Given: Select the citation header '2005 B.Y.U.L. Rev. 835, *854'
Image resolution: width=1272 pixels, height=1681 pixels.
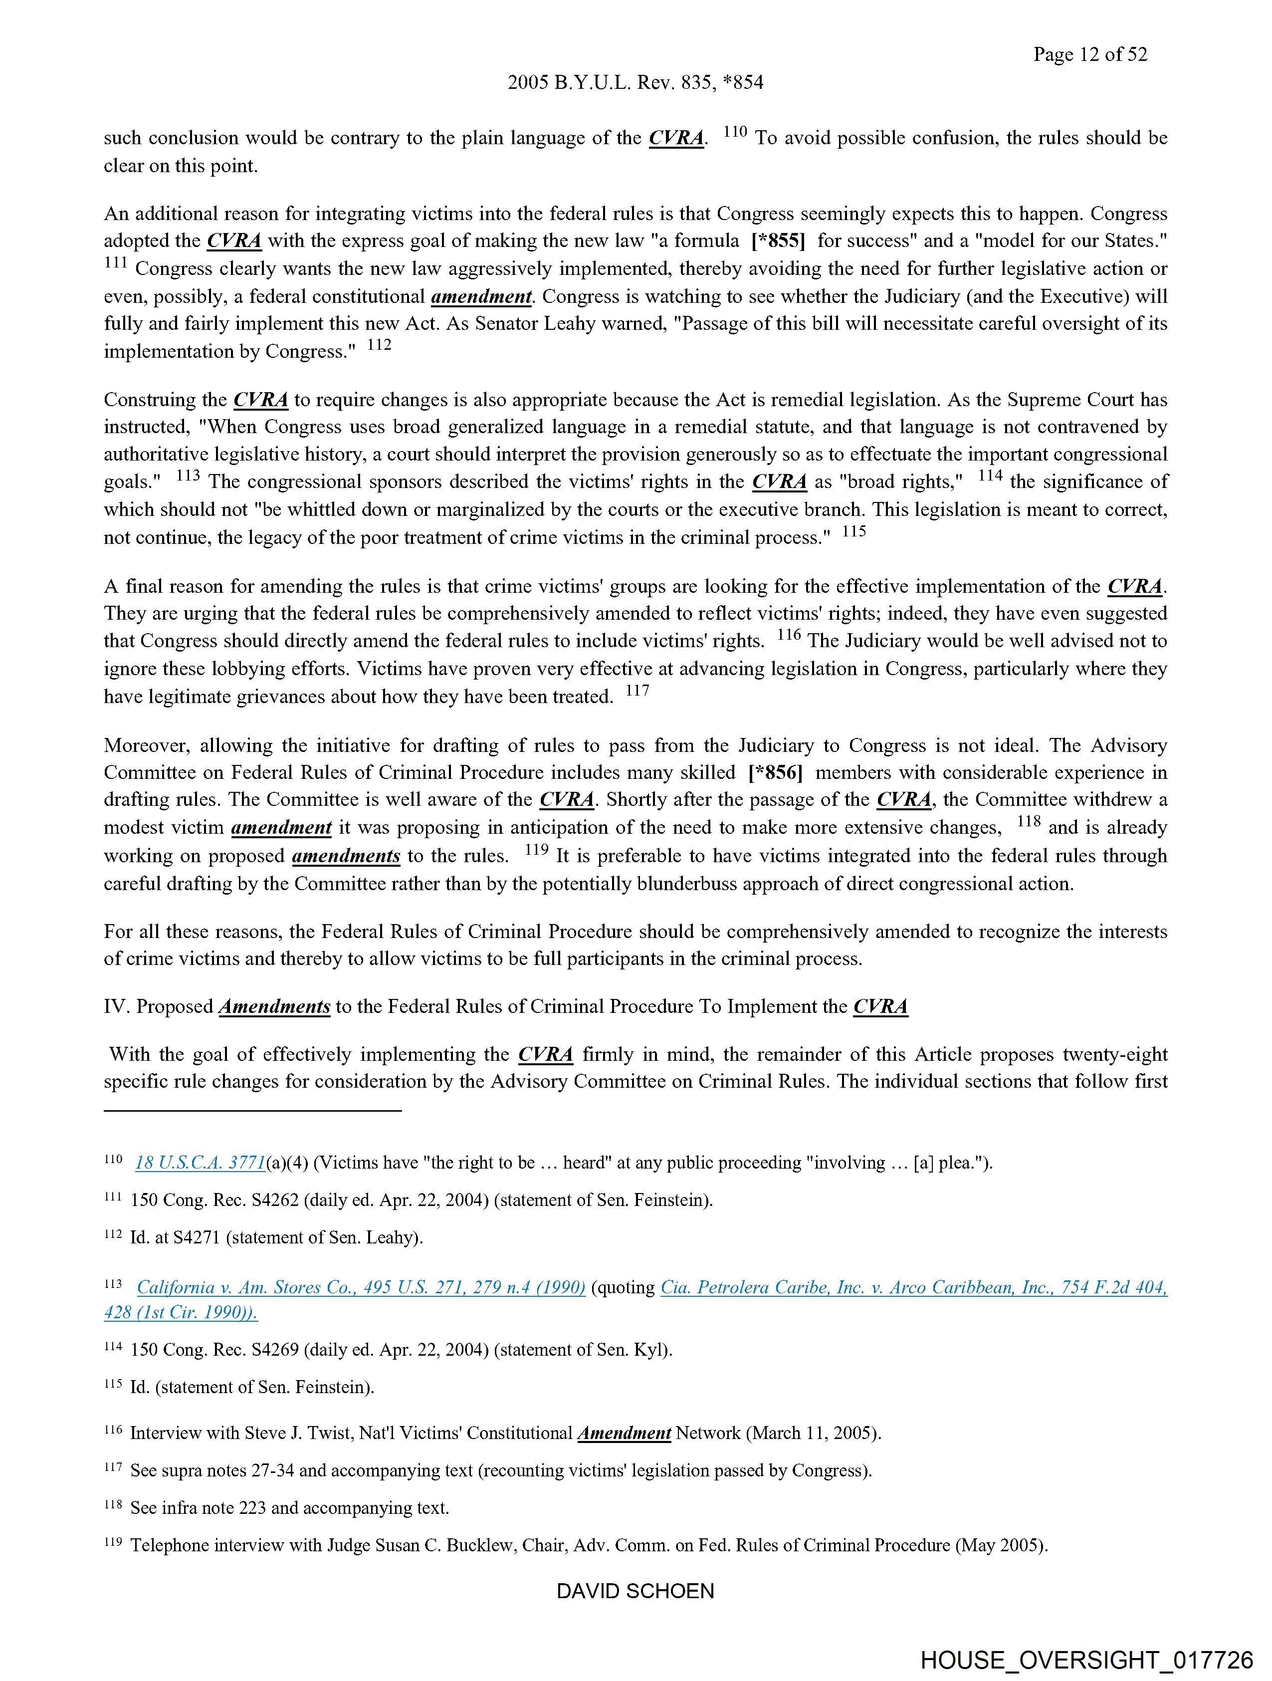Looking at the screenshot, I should (635, 83).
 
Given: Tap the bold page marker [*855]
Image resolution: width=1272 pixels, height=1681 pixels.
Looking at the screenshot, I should (777, 241).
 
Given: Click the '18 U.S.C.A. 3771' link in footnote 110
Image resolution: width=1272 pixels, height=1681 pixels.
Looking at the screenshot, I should (201, 1163).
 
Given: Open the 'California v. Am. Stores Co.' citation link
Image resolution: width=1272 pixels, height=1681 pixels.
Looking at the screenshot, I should (361, 1287).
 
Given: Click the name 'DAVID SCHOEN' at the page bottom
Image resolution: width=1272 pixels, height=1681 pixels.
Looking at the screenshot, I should (635, 1591).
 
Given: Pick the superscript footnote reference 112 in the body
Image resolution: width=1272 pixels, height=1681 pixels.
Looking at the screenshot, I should (379, 345).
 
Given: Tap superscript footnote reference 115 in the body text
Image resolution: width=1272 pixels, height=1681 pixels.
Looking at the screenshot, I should (854, 531).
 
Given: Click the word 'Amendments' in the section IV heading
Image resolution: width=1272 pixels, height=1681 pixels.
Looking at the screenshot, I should (274, 1007).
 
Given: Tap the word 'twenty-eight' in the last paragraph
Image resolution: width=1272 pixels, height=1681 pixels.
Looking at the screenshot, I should (1115, 1055).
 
